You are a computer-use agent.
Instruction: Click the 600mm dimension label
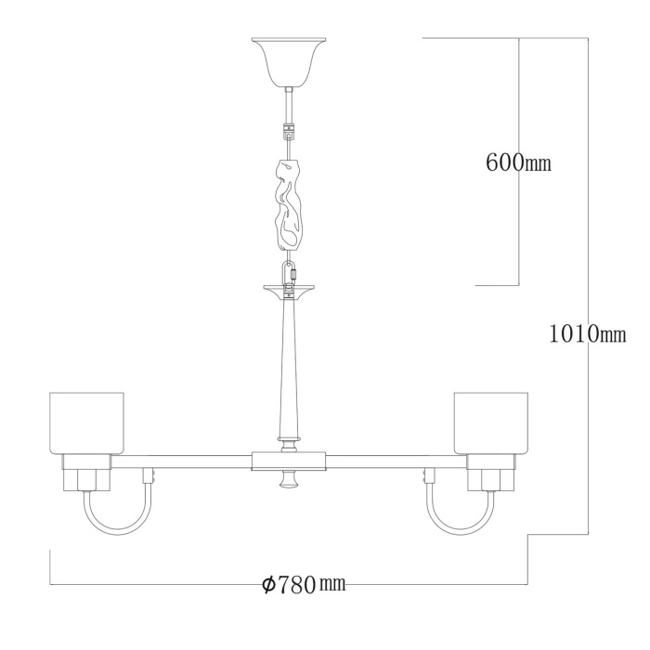tap(518, 163)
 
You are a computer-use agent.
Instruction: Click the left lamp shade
tap(86, 423)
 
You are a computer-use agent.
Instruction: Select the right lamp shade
tap(490, 423)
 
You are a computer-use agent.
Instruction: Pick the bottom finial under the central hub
tap(289, 481)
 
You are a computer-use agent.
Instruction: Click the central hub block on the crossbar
tap(289, 461)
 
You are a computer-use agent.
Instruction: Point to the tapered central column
tap(289, 371)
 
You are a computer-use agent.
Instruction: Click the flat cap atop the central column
tap(289, 289)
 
